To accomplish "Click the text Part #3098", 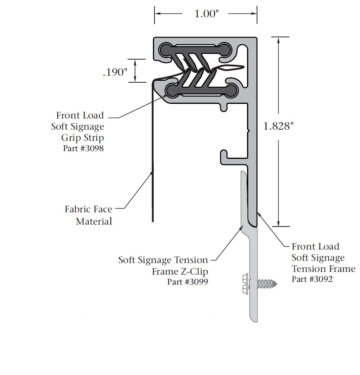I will [83, 148].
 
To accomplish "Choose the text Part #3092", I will [312, 279].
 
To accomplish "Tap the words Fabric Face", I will [88, 209].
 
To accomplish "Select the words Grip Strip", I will [83, 138].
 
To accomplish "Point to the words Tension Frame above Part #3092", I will [323, 268].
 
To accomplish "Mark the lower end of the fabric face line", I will [153, 220].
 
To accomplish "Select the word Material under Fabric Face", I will [94, 221].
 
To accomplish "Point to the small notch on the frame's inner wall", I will [248, 131].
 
